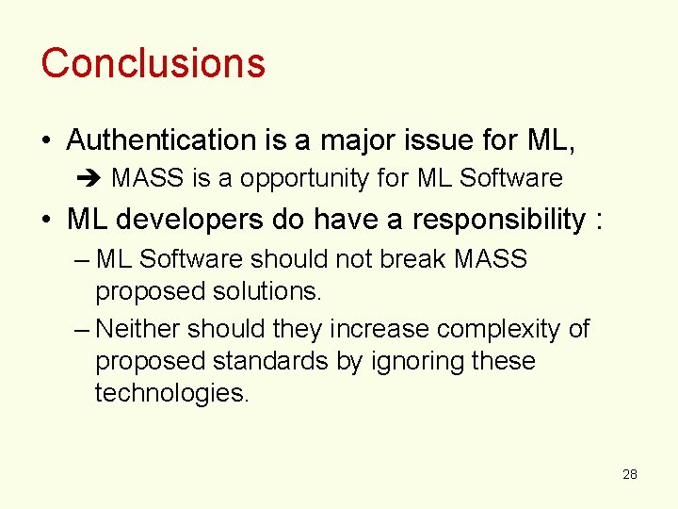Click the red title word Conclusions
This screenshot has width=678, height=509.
pyautogui.click(x=153, y=63)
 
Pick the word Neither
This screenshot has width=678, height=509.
pyautogui.click(x=138, y=329)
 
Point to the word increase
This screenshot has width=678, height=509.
pyautogui.click(x=373, y=329)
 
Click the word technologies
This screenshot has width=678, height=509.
pyautogui.click(x=172, y=393)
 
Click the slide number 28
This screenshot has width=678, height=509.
pyautogui.click(x=630, y=474)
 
